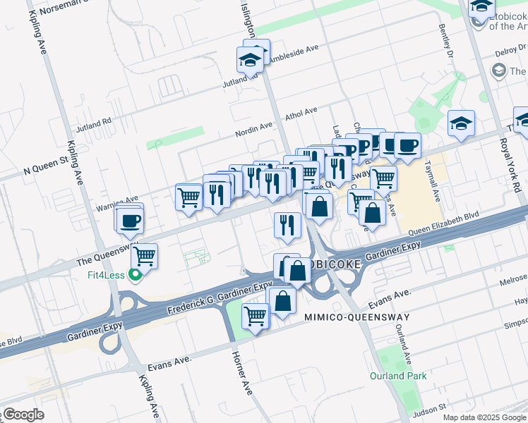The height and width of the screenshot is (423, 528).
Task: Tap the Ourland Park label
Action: (398, 376)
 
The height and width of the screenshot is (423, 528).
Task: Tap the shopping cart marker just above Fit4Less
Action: (144, 255)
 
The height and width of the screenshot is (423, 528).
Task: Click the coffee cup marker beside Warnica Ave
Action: (130, 221)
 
